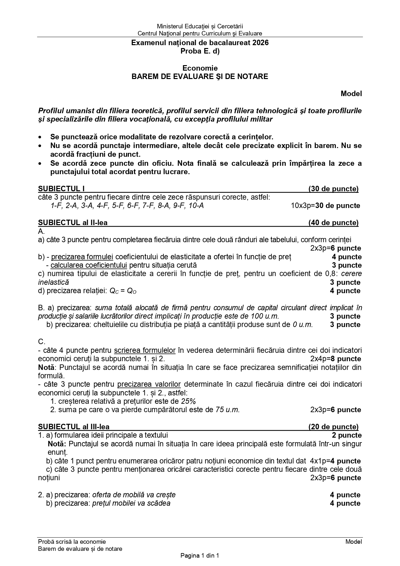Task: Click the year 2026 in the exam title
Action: pyautogui.click(x=260, y=43)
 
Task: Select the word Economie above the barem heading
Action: pyautogui.click(x=200, y=68)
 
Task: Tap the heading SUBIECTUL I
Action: pyautogui.click(x=61, y=189)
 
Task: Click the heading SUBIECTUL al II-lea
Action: pyautogui.click(x=73, y=223)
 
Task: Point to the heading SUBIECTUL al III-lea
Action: pyautogui.click(x=74, y=427)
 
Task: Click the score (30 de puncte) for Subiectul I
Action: pyautogui.click(x=333, y=189)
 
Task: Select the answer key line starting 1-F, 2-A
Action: pyautogui.click(x=127, y=206)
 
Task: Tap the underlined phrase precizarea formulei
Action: pyautogui.click(x=82, y=257)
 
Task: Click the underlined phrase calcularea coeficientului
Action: pyautogui.click(x=89, y=265)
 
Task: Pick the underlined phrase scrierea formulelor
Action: pyautogui.click(x=145, y=350)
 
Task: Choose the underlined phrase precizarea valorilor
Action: pyautogui.click(x=149, y=384)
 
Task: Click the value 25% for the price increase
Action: pyautogui.click(x=189, y=401)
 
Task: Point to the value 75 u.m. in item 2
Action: pyautogui.click(x=228, y=410)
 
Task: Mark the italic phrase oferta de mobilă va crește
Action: pyautogui.click(x=134, y=495)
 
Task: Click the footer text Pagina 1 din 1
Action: pyautogui.click(x=200, y=556)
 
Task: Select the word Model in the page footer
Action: pyautogui.click(x=354, y=542)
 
